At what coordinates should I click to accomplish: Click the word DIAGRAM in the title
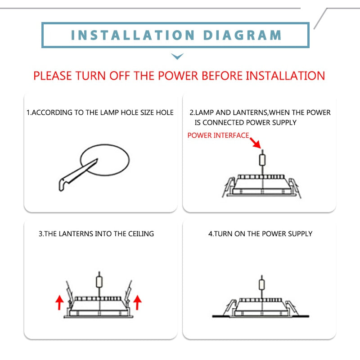243,35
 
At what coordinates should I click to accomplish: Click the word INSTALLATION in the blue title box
133,35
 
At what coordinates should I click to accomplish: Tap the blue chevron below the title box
177,56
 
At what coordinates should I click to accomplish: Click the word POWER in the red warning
178,76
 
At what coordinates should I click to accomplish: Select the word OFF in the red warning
120,76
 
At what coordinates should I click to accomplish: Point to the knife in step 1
78,175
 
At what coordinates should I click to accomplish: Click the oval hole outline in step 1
105,160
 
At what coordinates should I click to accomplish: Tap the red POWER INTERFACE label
218,135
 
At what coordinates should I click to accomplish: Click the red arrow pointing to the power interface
255,143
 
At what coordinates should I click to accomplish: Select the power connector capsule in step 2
262,160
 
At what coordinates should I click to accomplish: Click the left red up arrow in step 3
60,302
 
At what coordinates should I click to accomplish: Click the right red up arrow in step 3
138,302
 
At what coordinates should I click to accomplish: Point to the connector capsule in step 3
99,282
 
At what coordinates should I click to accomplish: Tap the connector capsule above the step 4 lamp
262,284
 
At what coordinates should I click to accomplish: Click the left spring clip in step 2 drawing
229,187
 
